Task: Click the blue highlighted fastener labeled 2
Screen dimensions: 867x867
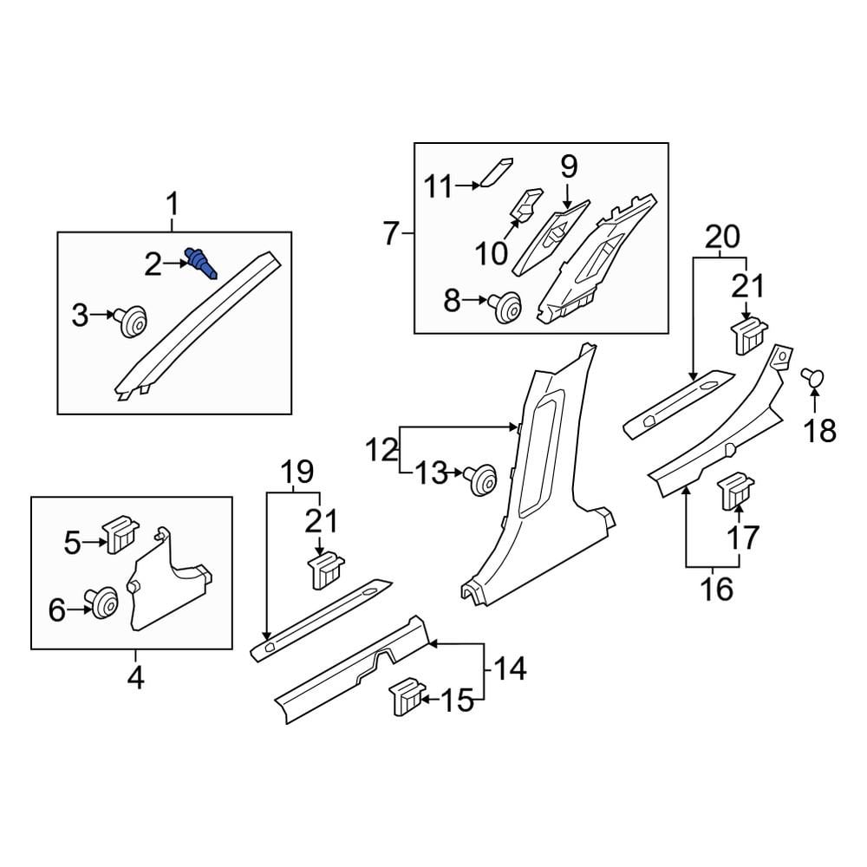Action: (x=201, y=262)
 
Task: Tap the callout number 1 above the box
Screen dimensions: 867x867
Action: (x=172, y=205)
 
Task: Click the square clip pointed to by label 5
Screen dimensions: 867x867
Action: (x=117, y=533)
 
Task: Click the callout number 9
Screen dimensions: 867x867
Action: (x=568, y=166)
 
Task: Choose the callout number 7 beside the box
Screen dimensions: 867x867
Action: (x=390, y=233)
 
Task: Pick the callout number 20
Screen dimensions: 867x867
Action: (x=721, y=236)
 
